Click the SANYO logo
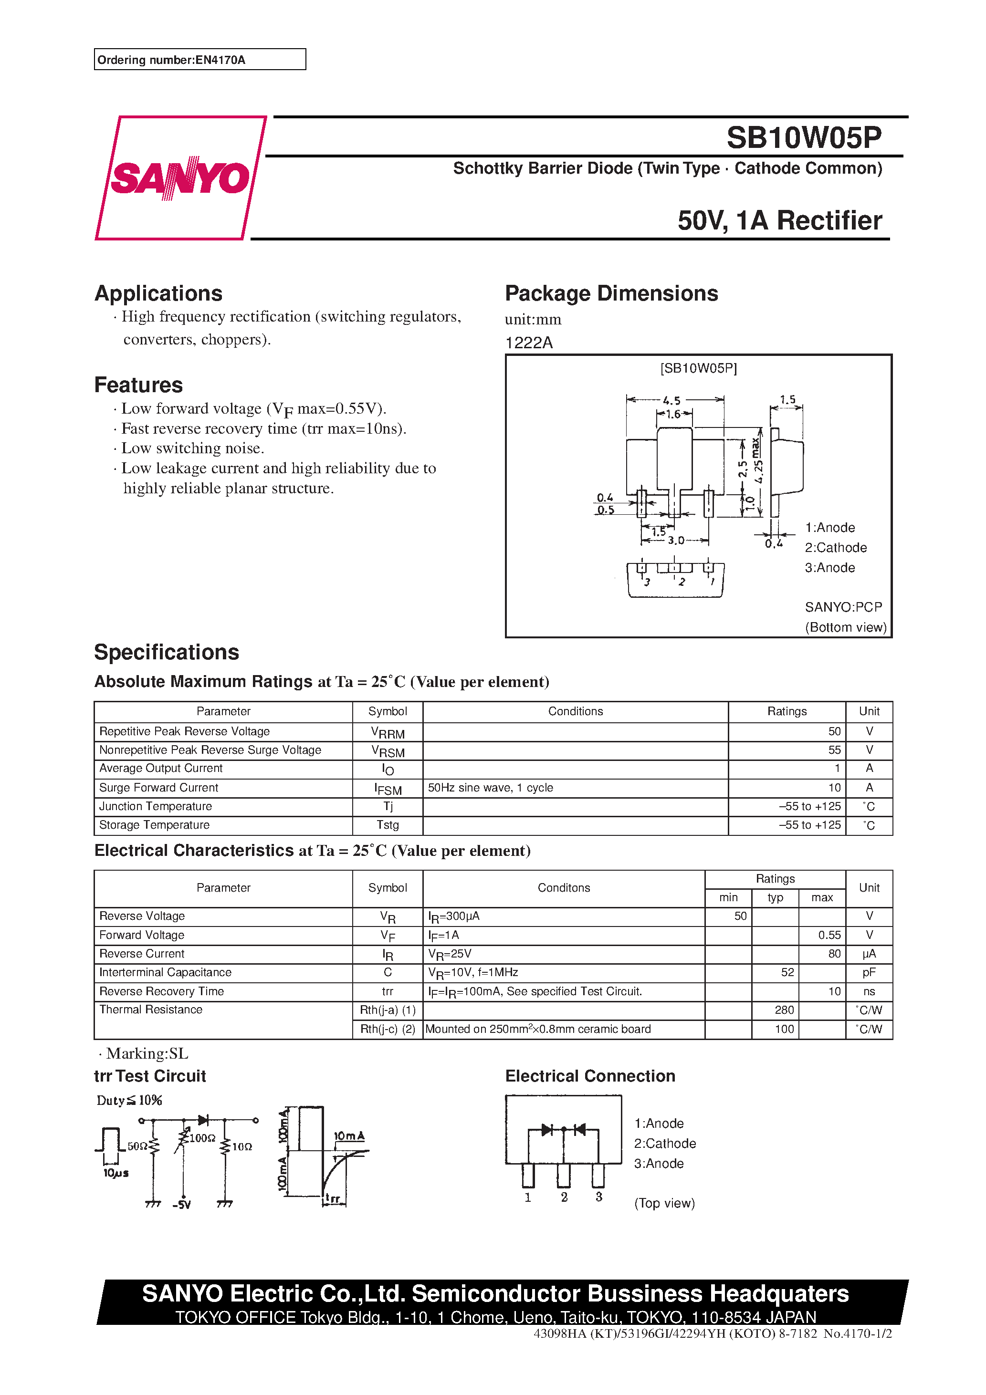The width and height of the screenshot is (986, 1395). tap(180, 178)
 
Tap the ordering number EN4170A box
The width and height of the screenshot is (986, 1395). tap(199, 60)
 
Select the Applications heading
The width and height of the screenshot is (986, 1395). tap(158, 293)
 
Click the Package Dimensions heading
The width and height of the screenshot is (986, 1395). tap(611, 293)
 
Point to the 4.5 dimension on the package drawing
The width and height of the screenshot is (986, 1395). tap(671, 400)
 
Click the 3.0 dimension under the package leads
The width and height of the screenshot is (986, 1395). tap(676, 540)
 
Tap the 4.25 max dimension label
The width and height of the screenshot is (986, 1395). tap(757, 460)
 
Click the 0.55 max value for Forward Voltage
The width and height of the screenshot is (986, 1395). tap(829, 935)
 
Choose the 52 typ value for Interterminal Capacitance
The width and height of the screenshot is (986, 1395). tap(787, 973)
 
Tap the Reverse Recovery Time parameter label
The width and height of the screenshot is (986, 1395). tap(161, 991)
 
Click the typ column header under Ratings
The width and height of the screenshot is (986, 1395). tap(775, 898)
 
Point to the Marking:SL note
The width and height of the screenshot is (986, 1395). tap(144, 1053)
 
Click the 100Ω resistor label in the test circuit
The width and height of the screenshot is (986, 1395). tap(202, 1138)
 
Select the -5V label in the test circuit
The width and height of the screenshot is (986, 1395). tap(181, 1205)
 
